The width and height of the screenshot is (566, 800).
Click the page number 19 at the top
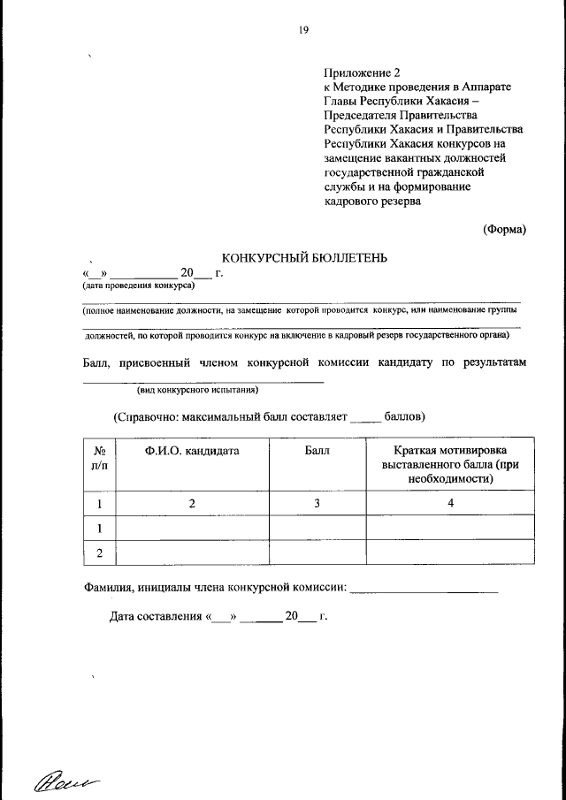[303, 31]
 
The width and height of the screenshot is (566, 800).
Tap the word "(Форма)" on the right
[504, 229]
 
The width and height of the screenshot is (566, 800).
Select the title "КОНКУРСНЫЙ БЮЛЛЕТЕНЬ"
[304, 257]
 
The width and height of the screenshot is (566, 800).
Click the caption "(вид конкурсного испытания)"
[197, 389]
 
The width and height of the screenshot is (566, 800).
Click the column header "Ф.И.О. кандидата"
[191, 451]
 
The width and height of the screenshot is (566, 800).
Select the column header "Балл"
[317, 451]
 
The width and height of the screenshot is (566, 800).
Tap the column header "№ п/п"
[100, 458]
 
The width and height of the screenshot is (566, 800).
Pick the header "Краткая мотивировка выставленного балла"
[450, 464]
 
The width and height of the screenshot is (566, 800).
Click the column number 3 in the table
[317, 503]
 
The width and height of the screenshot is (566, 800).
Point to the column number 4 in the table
[450, 503]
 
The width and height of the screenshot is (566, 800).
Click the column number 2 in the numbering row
[191, 503]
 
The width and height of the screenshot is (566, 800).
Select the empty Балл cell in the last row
[317, 553]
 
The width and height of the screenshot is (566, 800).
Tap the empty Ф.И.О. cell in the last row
[192, 553]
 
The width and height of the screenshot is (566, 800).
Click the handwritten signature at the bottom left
[66, 779]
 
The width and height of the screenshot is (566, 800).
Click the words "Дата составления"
[156, 617]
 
